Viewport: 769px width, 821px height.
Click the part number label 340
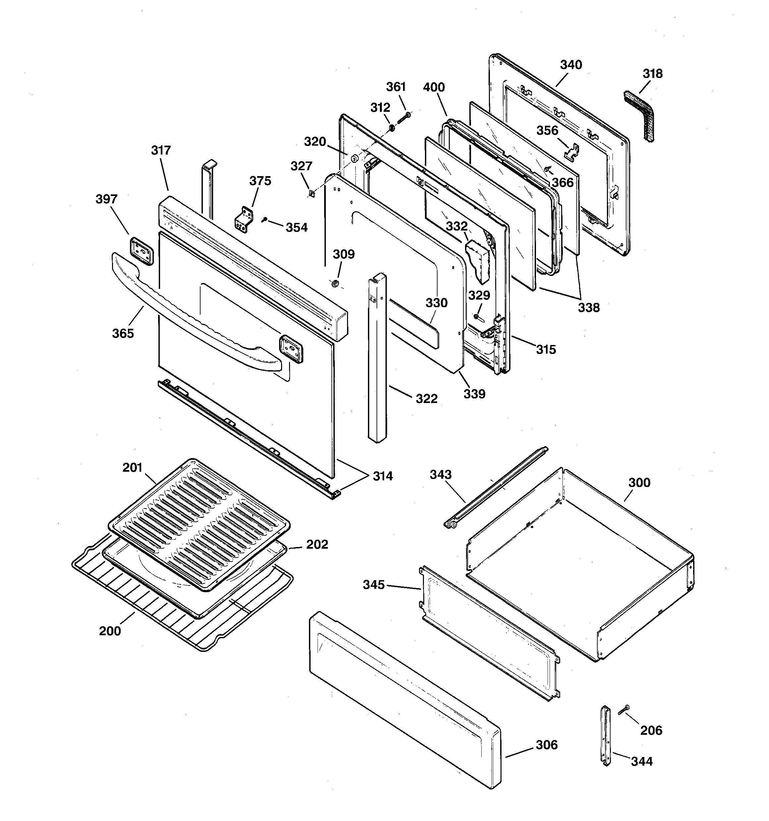point(571,65)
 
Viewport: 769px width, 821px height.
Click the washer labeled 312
point(391,128)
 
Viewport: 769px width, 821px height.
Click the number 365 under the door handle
point(123,333)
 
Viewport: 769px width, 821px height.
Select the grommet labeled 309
point(335,283)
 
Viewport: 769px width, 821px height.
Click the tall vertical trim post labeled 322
point(377,359)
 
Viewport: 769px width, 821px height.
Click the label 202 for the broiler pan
point(317,544)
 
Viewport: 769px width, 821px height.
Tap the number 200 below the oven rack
point(110,631)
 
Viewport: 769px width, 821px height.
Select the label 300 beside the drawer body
point(639,482)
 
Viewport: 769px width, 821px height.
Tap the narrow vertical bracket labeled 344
point(606,735)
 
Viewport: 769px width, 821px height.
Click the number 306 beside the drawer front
point(547,745)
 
